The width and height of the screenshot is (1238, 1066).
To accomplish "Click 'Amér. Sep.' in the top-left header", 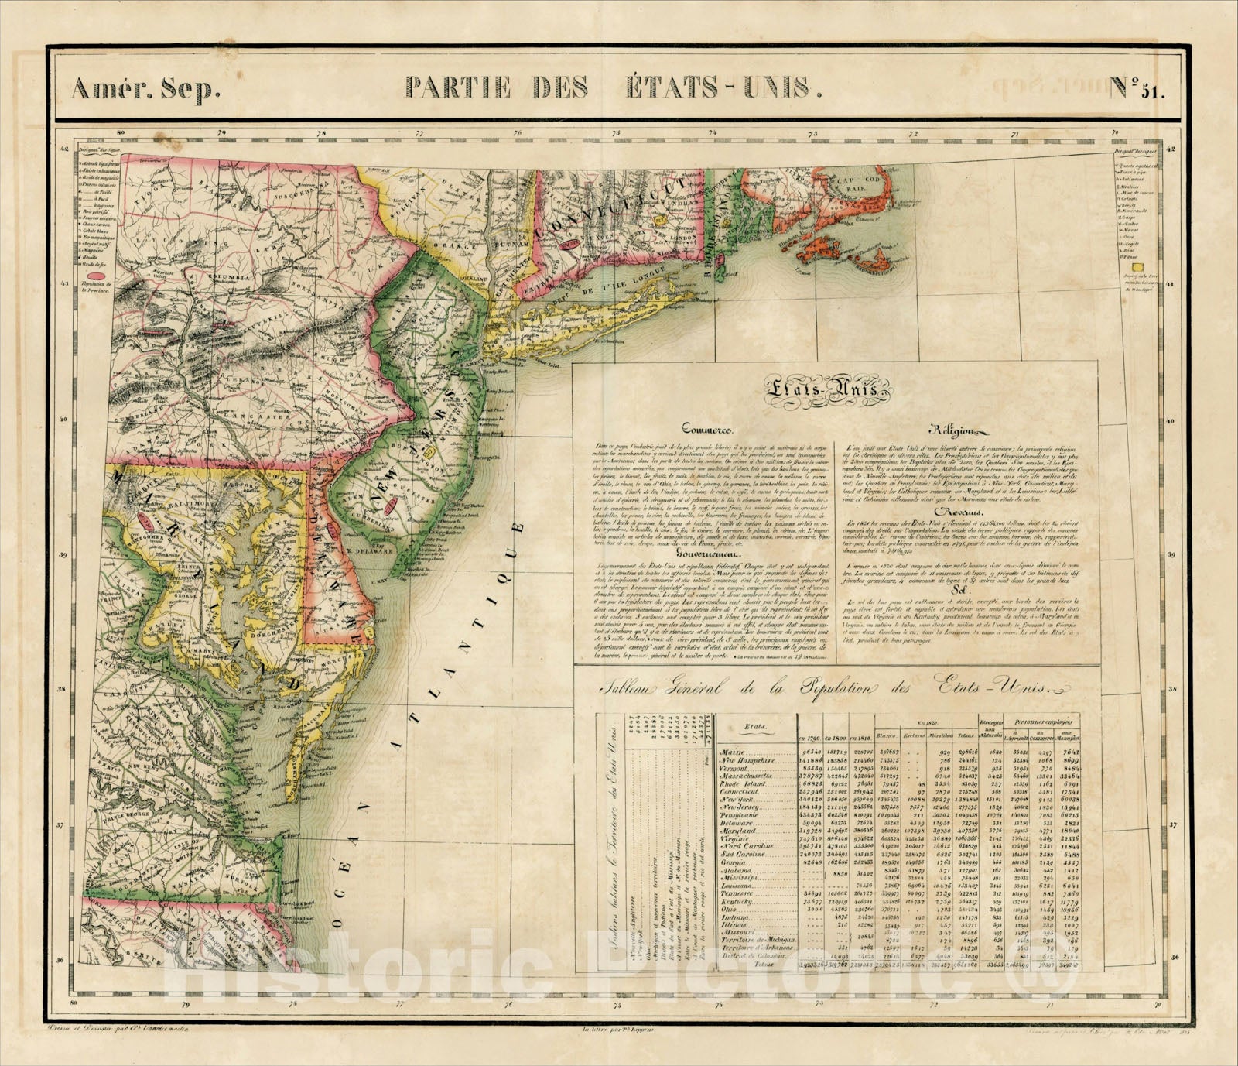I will click(145, 90).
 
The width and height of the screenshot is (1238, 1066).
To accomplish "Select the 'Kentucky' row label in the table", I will click(738, 902).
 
